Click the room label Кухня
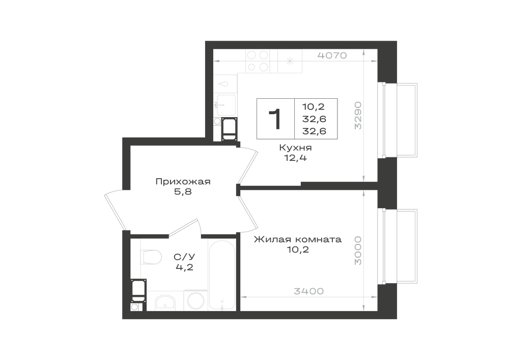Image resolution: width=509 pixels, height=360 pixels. point(295,148)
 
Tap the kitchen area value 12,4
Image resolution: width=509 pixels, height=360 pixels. point(295,158)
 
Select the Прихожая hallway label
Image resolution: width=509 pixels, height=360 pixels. point(183,181)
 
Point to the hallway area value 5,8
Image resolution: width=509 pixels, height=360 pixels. point(183,192)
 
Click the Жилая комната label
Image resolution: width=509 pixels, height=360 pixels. point(298,239)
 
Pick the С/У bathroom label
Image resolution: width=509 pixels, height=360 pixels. point(184,257)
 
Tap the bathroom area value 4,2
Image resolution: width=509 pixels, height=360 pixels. point(184,267)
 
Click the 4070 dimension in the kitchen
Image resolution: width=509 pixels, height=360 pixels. point(332,56)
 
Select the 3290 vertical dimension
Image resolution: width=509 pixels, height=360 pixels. point(358,116)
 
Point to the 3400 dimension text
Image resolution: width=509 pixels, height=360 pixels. point(309,291)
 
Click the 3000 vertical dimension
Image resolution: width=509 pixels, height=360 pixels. point(358,251)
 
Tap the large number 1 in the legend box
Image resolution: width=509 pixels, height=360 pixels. point(275,119)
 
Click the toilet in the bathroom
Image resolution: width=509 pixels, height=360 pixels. point(152,257)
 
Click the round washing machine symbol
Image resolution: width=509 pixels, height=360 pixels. point(196,301)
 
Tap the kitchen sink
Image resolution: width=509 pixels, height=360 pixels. point(227,104)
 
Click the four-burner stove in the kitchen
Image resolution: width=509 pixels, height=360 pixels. point(258,61)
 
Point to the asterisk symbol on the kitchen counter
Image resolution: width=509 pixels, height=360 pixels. point(290,61)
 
